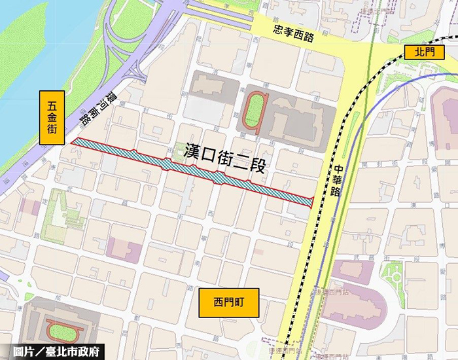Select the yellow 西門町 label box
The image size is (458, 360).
[228, 302]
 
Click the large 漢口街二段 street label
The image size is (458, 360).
[222, 158]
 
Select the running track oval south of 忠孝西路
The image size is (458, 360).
[253, 111]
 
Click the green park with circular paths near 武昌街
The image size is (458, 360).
[396, 276]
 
